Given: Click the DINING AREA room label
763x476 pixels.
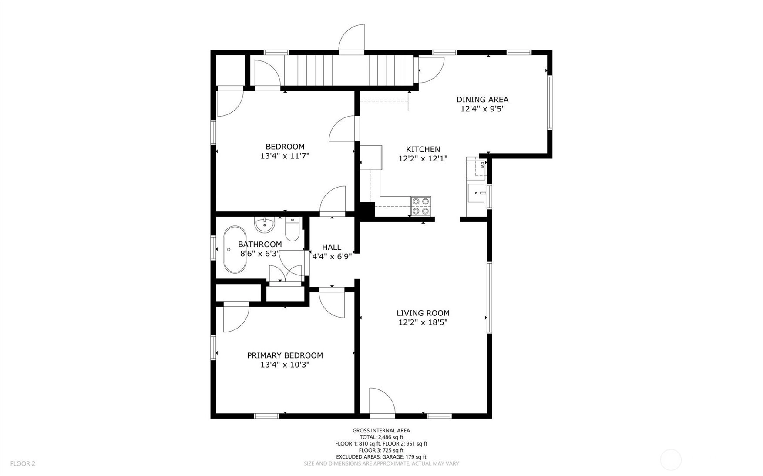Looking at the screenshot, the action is (x=482, y=100).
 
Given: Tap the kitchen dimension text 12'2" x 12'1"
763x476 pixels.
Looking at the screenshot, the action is (x=423, y=159).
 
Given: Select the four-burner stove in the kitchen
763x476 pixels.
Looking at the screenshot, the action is (x=421, y=206).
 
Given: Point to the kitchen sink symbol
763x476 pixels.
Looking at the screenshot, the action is (x=476, y=193).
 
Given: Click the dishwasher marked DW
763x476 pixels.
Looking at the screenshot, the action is (x=480, y=167).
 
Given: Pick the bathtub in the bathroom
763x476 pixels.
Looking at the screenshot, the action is (x=235, y=249).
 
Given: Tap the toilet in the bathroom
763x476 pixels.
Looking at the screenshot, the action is (x=292, y=229).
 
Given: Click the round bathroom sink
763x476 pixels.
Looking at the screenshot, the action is (x=265, y=225).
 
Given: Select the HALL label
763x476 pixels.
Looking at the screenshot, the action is (x=332, y=247).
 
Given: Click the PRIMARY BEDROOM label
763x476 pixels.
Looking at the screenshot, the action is (x=285, y=355).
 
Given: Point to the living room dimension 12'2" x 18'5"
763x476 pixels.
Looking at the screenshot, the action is (x=423, y=322).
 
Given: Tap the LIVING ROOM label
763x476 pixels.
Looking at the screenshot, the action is (x=423, y=313).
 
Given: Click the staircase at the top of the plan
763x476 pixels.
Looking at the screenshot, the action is (x=349, y=70).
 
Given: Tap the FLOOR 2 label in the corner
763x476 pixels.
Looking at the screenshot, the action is (x=23, y=463).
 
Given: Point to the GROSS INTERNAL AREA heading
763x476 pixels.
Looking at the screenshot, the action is (x=381, y=431).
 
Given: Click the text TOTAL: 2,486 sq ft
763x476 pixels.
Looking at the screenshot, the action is (x=381, y=437).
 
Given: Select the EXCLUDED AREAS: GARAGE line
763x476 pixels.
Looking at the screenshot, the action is (x=381, y=457).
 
